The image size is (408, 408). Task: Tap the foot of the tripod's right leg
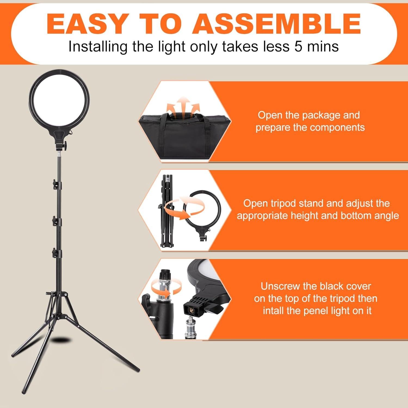point(137,370)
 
